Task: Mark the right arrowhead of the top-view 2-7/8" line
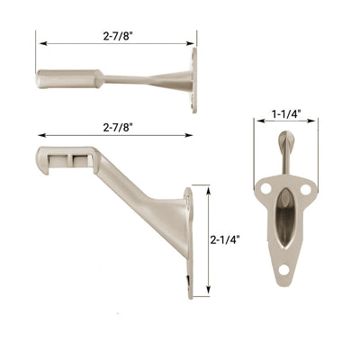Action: [x=193, y=41]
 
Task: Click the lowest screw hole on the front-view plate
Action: [x=285, y=272]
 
